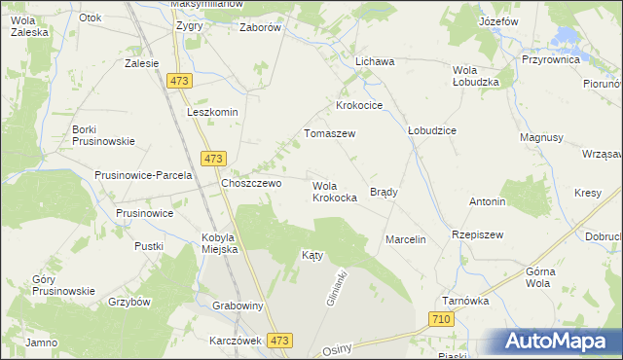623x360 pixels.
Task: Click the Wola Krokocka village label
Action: coord(334,191)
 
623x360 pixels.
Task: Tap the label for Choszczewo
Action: coord(251,183)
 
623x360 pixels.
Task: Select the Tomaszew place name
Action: coord(330,133)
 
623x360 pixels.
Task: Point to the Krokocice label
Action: coord(359,105)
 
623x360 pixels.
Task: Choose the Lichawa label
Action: coord(375,61)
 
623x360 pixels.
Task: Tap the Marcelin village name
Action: coord(406,239)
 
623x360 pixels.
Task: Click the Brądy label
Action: coord(384,193)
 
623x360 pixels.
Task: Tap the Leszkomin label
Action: coord(212,112)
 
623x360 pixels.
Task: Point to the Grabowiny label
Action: coord(238,305)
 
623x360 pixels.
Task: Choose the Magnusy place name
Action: coord(542,138)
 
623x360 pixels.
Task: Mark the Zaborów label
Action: coord(260,27)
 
